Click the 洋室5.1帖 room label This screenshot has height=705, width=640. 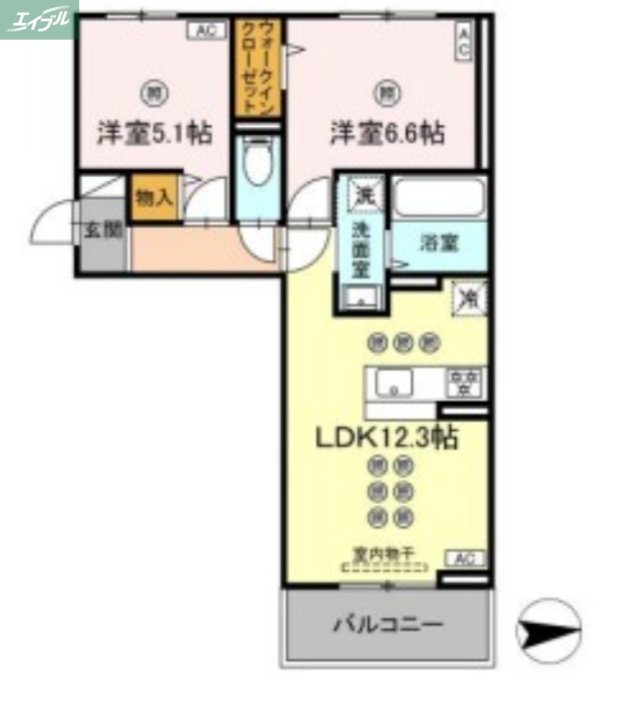153,134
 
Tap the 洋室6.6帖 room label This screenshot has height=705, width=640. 386,134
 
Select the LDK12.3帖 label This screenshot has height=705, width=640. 385,436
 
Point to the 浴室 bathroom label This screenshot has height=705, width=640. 438,243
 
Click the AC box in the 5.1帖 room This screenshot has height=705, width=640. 204,31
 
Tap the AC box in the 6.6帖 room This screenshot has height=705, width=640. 463,41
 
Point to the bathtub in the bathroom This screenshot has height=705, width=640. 438,197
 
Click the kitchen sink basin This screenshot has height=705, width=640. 393,383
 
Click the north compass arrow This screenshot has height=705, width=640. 548,631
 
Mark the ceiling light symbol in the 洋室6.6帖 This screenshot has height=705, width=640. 386,90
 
